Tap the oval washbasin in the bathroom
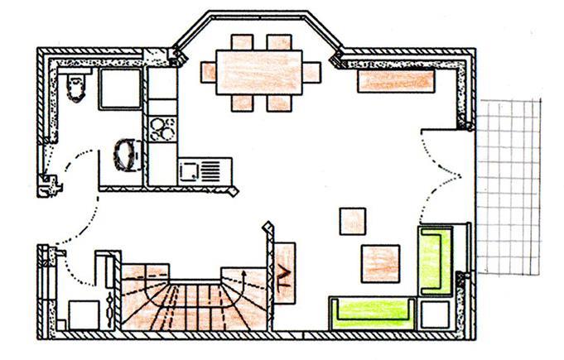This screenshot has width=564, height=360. coord(126,154)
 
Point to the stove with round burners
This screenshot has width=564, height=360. coord(162,128)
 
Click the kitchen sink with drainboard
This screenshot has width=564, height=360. coord(199,170)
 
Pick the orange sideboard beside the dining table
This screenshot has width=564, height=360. coord(396,80)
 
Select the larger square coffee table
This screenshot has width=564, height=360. coord(381,262)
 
